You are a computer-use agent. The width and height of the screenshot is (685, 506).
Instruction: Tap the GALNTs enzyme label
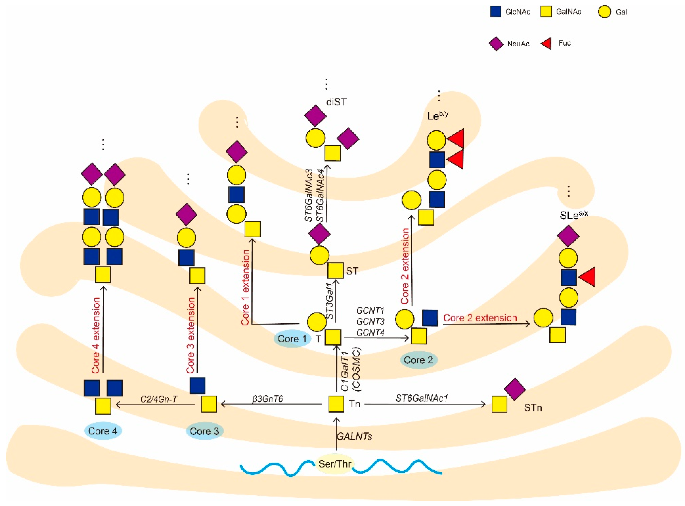pos(354,436)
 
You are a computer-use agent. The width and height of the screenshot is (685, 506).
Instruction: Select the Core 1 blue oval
pos(292,339)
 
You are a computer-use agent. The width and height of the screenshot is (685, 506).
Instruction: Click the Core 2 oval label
pos(418,360)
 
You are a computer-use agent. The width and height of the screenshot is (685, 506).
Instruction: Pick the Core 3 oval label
pos(205,431)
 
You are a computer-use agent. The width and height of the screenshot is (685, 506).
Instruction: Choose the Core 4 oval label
pos(103,431)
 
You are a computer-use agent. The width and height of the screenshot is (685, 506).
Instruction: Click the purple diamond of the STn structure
pos(515,389)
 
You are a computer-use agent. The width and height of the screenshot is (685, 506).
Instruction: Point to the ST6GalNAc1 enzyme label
pos(422,398)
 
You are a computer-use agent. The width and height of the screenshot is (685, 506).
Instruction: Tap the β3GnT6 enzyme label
pos(268,399)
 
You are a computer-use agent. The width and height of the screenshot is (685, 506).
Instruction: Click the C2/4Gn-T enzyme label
pos(159,399)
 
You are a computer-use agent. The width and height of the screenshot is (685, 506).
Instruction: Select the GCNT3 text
pos(370,322)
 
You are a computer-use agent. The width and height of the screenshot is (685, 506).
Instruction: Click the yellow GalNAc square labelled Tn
pos(336,404)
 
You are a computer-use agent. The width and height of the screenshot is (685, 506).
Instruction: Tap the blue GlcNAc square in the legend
pos(495,12)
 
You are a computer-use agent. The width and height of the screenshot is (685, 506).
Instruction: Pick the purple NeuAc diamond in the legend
pos(496,43)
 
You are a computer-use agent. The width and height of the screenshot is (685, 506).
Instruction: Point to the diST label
pos(336,102)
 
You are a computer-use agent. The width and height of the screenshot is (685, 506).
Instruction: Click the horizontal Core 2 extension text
pos(480,318)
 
